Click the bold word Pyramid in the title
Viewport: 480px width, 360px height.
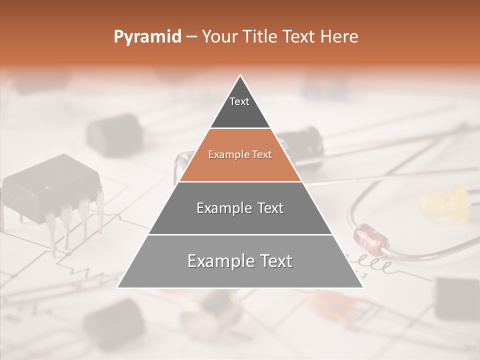pyautogui.click(x=147, y=37)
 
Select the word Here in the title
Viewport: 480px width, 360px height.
pyautogui.click(x=339, y=37)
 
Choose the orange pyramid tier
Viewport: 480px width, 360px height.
pyautogui.click(x=240, y=155)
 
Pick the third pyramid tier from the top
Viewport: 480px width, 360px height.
pyautogui.click(x=240, y=208)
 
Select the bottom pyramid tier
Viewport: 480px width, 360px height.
pyautogui.click(x=240, y=261)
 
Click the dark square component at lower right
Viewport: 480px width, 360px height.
pyautogui.click(x=456, y=298)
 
